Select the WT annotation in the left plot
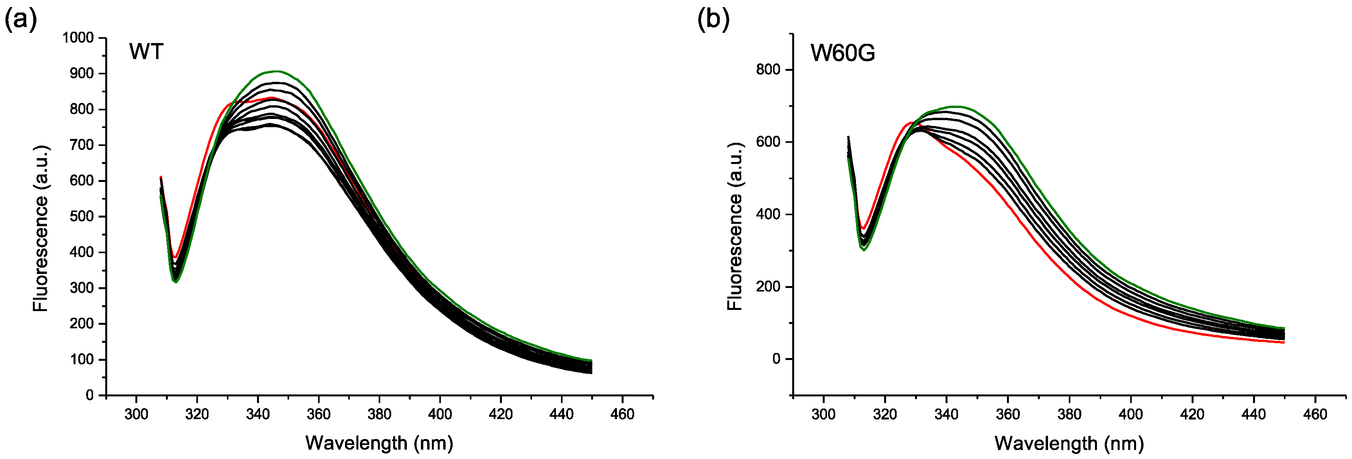point(146,52)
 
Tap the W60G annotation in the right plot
point(842,53)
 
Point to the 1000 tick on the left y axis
point(78,38)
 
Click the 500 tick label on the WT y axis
point(81,216)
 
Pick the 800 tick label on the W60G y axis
point(768,70)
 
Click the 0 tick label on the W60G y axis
point(776,359)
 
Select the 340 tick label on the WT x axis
point(258,414)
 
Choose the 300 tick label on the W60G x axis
point(823,414)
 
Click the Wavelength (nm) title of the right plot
point(1069,443)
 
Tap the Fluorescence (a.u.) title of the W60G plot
point(735,226)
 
